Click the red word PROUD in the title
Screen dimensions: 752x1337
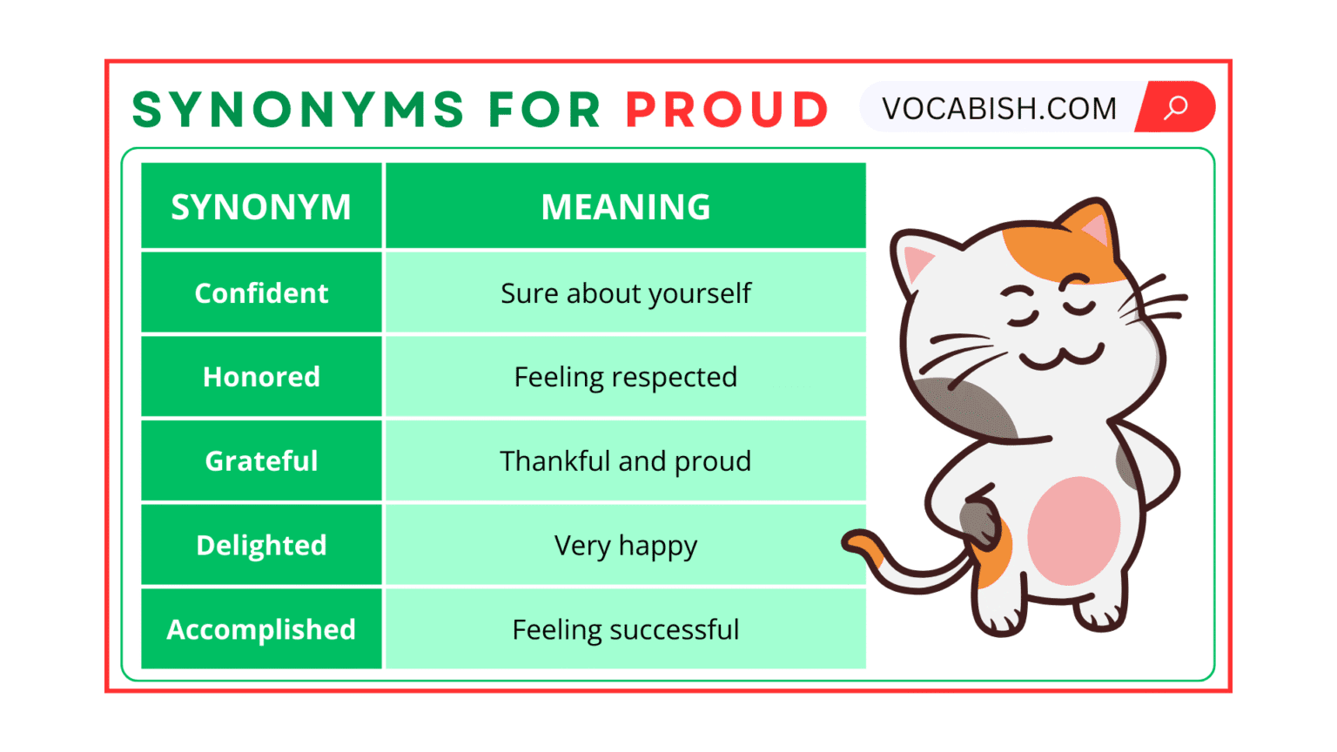click(x=727, y=110)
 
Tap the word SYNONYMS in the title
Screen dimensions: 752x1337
click(x=299, y=110)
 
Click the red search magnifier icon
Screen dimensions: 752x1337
click(x=1176, y=107)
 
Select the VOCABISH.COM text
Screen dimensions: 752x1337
click(x=998, y=109)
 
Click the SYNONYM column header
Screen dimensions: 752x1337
click(x=261, y=207)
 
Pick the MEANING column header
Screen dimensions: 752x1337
click(x=625, y=207)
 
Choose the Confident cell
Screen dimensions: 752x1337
click(x=261, y=293)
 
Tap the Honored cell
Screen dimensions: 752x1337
click(x=261, y=377)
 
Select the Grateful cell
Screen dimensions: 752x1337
click(x=261, y=460)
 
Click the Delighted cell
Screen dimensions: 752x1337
click(x=261, y=545)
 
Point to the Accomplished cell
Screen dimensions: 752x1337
click(x=261, y=629)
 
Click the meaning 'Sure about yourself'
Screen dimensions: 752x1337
click(x=625, y=293)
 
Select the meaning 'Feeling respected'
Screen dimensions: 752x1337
click(x=625, y=377)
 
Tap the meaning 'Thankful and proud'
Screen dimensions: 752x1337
click(x=625, y=460)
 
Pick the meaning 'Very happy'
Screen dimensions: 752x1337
click(x=625, y=546)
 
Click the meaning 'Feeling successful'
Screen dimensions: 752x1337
click(x=625, y=629)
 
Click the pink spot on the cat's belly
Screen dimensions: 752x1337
click(x=1073, y=531)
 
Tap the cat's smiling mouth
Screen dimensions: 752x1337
click(x=1060, y=357)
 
